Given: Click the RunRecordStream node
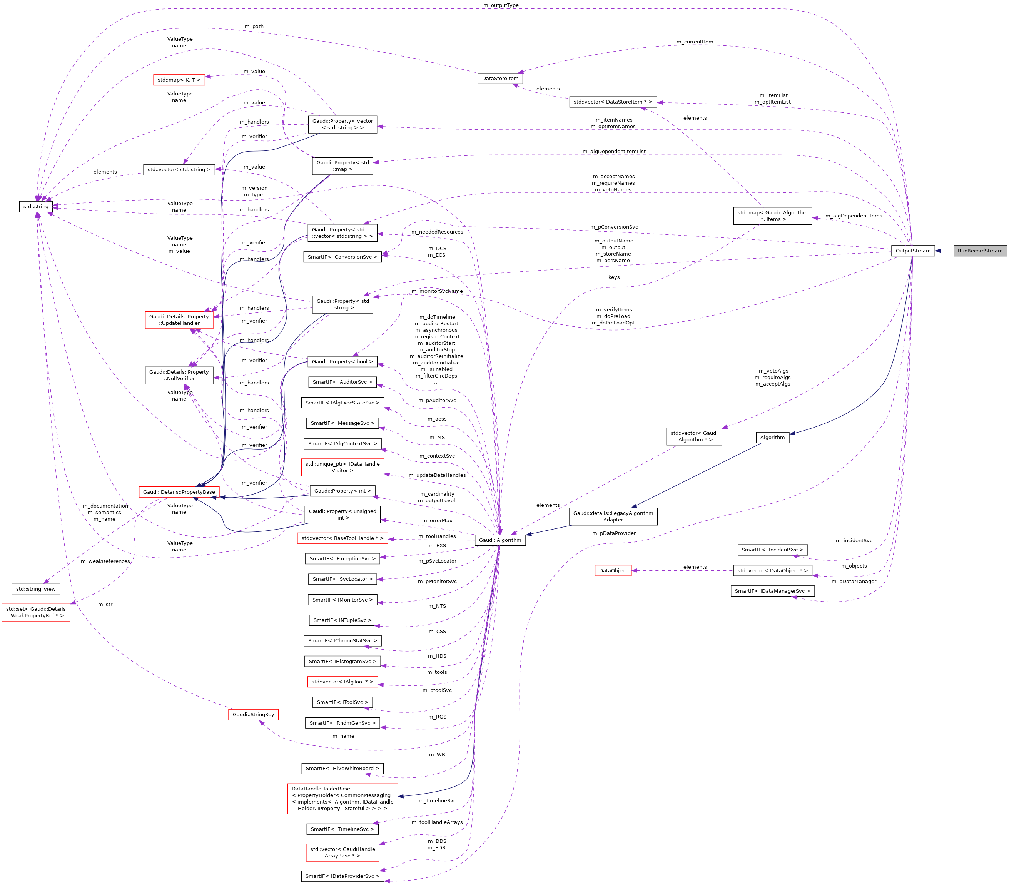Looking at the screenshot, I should [x=979, y=251].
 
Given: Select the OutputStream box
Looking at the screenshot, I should [x=912, y=251].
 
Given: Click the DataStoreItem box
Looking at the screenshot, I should [x=499, y=79].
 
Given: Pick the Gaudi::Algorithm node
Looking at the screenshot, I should [x=499, y=540].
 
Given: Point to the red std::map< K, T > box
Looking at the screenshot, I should [x=179, y=79].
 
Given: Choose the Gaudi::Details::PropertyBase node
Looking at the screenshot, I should [x=179, y=492].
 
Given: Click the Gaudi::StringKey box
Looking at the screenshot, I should [x=253, y=714].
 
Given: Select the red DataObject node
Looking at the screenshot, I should [x=613, y=570].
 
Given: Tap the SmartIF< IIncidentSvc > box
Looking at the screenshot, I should [x=772, y=550].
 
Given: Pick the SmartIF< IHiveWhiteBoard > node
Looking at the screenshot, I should [x=342, y=768].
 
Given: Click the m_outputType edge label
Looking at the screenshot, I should [x=501, y=5].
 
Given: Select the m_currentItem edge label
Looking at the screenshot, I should [x=694, y=42].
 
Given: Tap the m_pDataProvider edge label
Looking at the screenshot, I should [x=613, y=533].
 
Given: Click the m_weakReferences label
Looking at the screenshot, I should [x=105, y=561].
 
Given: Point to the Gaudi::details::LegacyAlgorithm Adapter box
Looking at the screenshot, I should [x=613, y=516].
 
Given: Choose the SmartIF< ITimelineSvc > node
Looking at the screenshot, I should [x=342, y=829].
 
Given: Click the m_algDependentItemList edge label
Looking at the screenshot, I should [x=613, y=152].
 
